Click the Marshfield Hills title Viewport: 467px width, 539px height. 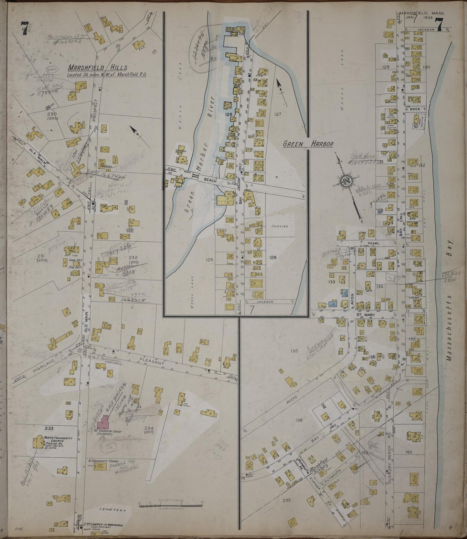click(97, 68)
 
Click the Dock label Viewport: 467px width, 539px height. click(414, 109)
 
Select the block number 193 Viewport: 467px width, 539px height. click(408, 452)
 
